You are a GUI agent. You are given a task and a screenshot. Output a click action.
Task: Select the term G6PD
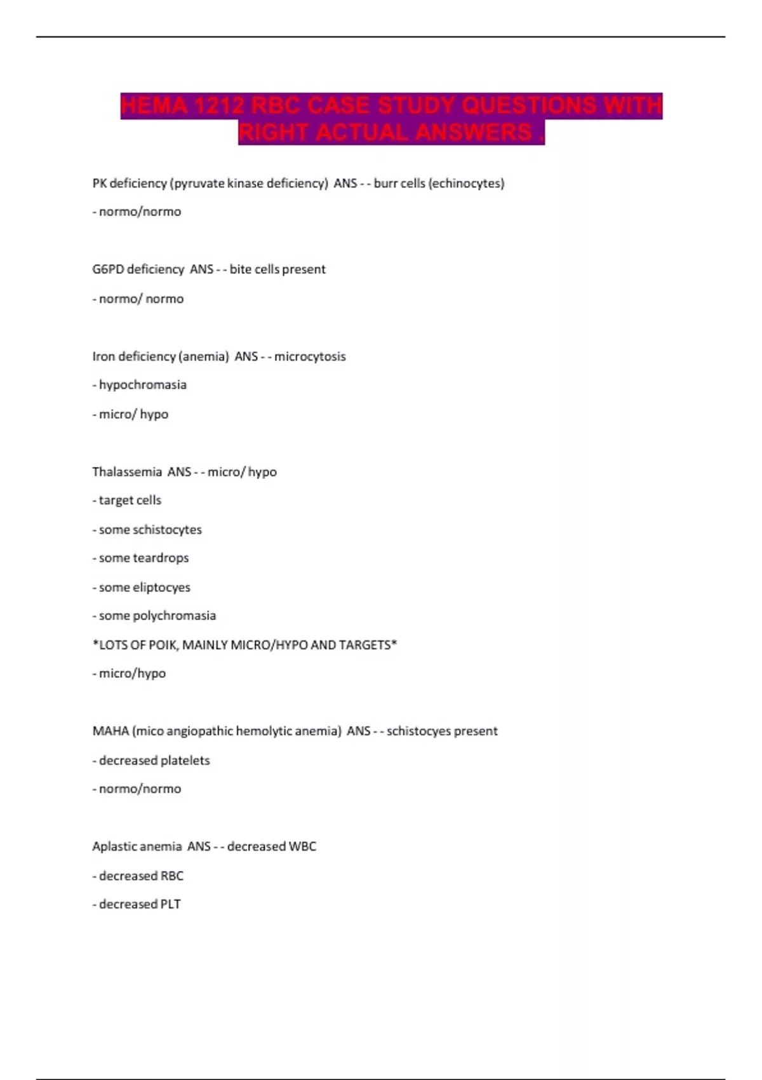click(107, 269)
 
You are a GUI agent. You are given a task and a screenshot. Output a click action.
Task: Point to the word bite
click(240, 269)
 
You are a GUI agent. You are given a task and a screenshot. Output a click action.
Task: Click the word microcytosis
click(310, 356)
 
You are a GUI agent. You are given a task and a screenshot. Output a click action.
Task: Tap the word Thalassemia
click(127, 472)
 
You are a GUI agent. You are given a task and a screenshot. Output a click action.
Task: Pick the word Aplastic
click(112, 847)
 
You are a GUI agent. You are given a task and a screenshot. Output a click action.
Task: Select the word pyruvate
click(199, 184)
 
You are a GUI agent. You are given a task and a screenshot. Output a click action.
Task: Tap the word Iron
click(104, 356)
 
